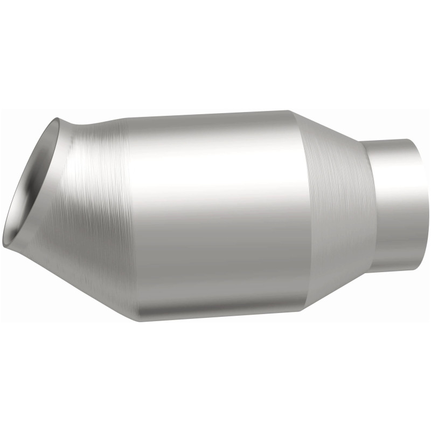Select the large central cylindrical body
click(215, 215)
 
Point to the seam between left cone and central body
click(127, 215)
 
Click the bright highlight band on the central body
click(215, 178)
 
